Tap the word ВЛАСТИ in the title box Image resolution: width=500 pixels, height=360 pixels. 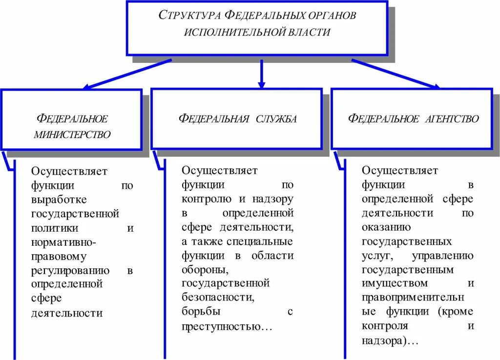[x=306, y=33]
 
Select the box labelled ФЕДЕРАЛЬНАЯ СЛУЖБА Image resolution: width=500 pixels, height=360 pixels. [x=236, y=119]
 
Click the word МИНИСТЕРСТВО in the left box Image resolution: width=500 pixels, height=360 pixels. [x=72, y=135]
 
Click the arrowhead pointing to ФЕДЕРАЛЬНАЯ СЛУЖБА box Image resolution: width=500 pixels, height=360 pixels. [x=261, y=85]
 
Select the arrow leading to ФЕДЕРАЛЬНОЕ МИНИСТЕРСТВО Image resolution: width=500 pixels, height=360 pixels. [x=127, y=74]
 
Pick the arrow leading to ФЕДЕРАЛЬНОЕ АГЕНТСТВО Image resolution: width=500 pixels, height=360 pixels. [x=396, y=74]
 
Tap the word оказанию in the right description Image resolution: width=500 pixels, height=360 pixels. [x=386, y=227]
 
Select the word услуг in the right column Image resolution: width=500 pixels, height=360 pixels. [x=375, y=256]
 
